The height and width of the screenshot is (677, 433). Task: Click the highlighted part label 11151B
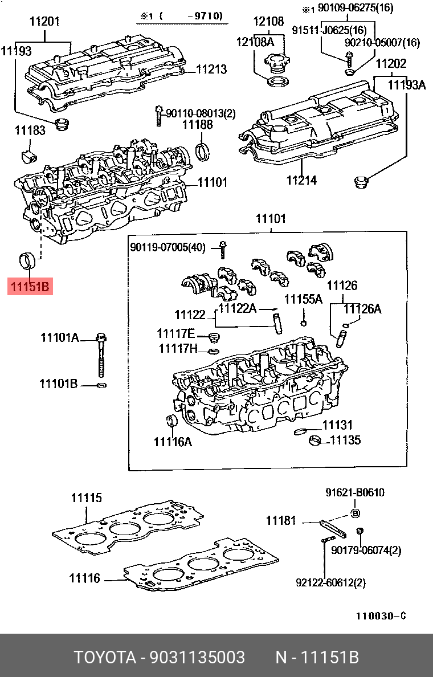pyautogui.click(x=30, y=286)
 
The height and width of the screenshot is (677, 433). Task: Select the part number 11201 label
pyautogui.click(x=44, y=22)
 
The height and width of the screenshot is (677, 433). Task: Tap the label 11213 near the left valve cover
pyautogui.click(x=211, y=70)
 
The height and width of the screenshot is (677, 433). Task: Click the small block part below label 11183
pyautogui.click(x=27, y=155)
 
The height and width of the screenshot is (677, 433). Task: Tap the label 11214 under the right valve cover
pyautogui.click(x=301, y=181)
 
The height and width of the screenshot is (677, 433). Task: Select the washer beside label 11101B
pyautogui.click(x=101, y=386)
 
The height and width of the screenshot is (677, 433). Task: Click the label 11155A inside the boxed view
pyautogui.click(x=304, y=299)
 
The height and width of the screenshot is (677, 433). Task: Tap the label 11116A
pyautogui.click(x=173, y=441)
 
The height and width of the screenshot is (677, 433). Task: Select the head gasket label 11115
pyautogui.click(x=86, y=497)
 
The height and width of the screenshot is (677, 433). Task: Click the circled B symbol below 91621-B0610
pyautogui.click(x=355, y=513)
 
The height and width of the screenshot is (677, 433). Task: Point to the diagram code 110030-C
pyautogui.click(x=381, y=616)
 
